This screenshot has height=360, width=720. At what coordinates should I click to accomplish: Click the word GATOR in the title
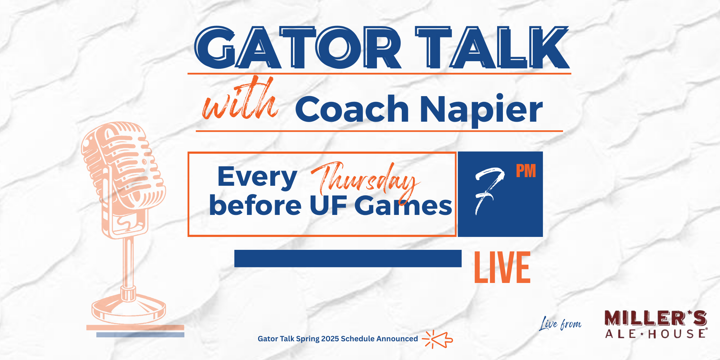click(298, 48)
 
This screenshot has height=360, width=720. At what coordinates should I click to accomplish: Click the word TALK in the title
click(492, 48)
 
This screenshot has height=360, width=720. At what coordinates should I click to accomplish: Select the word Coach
click(352, 109)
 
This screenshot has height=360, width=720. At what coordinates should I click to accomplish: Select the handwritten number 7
click(489, 191)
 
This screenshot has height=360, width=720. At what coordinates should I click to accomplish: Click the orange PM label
click(526, 171)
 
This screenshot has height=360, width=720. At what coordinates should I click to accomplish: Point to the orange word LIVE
click(502, 267)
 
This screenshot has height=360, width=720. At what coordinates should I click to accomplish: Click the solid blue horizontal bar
click(348, 258)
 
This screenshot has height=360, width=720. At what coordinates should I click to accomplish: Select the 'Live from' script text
click(560, 324)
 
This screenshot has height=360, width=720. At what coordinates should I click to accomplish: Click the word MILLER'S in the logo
click(656, 318)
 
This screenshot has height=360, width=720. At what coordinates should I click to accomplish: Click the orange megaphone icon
click(438, 339)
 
